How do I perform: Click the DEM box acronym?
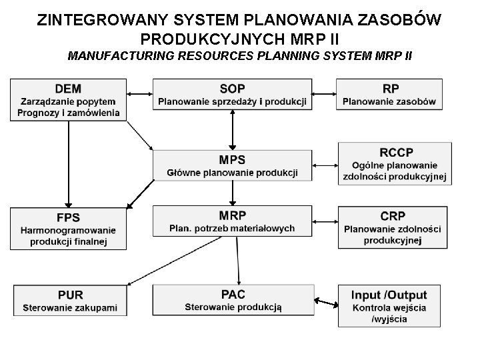point(69,88)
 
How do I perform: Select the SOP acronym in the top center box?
point(232,89)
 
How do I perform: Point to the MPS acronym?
point(232,160)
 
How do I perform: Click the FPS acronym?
point(68,217)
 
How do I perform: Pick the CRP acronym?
point(392,216)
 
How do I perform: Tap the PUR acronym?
point(70,295)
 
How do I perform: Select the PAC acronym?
point(233,294)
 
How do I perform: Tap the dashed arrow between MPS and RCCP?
point(325,164)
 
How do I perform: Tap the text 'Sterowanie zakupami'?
point(70,308)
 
